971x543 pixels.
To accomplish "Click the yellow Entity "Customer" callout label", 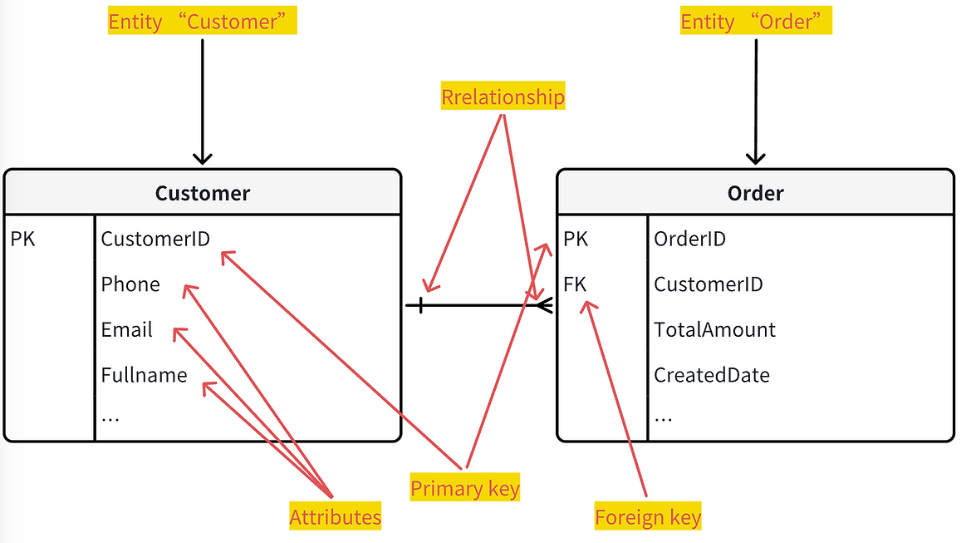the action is (x=202, y=21).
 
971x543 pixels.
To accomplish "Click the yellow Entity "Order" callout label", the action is (x=756, y=21).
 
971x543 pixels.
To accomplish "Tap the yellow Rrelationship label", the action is (x=503, y=96).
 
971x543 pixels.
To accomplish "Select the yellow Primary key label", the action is (x=465, y=487).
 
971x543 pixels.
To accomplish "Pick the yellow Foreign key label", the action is (x=648, y=516).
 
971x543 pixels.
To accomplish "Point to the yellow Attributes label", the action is (x=335, y=516).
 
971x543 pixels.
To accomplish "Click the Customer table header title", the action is (x=203, y=193).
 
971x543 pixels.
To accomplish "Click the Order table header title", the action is (x=756, y=193).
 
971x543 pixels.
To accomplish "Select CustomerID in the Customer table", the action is (x=155, y=239).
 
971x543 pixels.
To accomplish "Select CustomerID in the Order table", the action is (x=709, y=284).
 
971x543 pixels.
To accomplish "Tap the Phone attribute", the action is (x=130, y=284).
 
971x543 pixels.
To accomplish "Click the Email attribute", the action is (x=127, y=329).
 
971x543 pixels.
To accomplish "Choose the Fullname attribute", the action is (x=145, y=374).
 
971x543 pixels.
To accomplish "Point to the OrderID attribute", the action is (x=690, y=239).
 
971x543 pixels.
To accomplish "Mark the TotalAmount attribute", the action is (x=714, y=329).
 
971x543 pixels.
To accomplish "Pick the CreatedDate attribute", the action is (x=712, y=374).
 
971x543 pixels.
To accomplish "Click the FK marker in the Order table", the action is (x=575, y=284).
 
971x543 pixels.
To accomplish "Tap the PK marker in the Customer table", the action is (x=23, y=239).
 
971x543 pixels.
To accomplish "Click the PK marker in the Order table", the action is (x=576, y=239).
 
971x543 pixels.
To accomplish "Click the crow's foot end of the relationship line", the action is (x=545, y=305).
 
